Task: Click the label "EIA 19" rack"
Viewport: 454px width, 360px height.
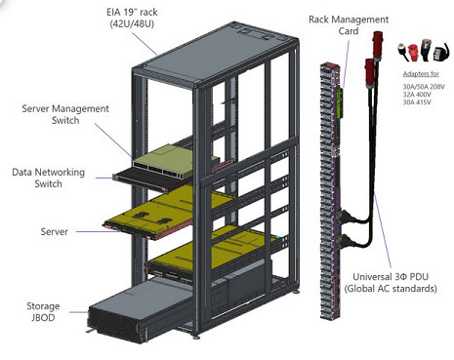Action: [x=132, y=13]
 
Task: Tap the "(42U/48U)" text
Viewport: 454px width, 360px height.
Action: [x=132, y=24]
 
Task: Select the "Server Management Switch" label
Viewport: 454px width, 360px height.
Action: [x=65, y=114]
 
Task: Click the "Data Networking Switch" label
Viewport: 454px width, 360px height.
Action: [x=48, y=178]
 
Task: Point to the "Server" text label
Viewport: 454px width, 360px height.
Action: [x=55, y=231]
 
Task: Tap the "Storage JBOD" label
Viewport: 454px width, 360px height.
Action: [x=43, y=311]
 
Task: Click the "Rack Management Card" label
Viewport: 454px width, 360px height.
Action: [x=349, y=25]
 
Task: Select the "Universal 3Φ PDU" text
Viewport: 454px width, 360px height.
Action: [x=391, y=277]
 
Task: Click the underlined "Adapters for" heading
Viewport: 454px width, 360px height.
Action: [x=421, y=74]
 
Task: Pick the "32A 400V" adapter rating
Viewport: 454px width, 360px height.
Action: [x=417, y=95]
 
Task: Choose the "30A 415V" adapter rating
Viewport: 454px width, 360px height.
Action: [x=417, y=102]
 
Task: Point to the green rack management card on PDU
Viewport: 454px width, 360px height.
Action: [x=340, y=102]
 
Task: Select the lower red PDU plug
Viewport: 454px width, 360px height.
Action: [x=370, y=73]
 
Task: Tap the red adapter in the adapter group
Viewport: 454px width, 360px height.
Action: [x=413, y=53]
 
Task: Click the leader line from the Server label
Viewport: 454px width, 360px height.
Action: [x=98, y=231]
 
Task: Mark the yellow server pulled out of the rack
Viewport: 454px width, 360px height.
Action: [x=163, y=212]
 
